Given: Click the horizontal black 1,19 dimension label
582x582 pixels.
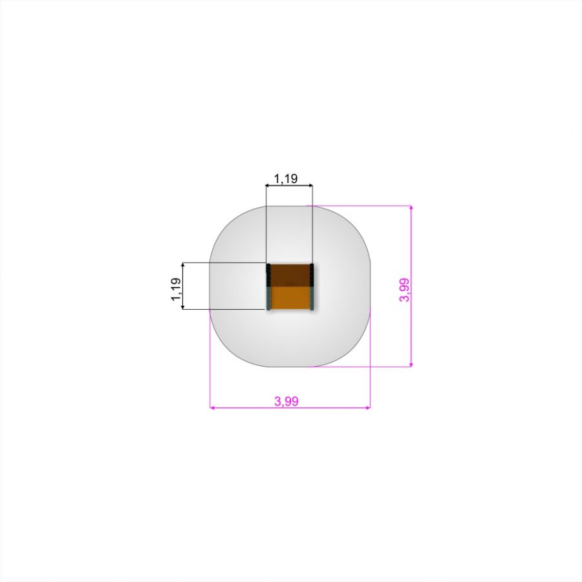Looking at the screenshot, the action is [286, 179].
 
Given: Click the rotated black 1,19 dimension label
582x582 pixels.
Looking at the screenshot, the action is [176, 289].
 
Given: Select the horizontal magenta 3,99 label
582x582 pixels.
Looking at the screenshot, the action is [286, 401].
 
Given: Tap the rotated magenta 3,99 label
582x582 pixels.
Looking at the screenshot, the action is [404, 290].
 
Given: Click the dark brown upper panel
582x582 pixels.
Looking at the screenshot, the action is [290, 275].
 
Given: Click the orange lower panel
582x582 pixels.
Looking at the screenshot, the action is [290, 297].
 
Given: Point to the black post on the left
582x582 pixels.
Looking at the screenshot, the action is [268, 275].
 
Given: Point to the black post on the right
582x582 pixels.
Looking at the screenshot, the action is [312, 275].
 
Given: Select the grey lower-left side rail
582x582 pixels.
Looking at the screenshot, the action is [268, 298].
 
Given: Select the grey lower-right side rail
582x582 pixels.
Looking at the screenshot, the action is [312, 298].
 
